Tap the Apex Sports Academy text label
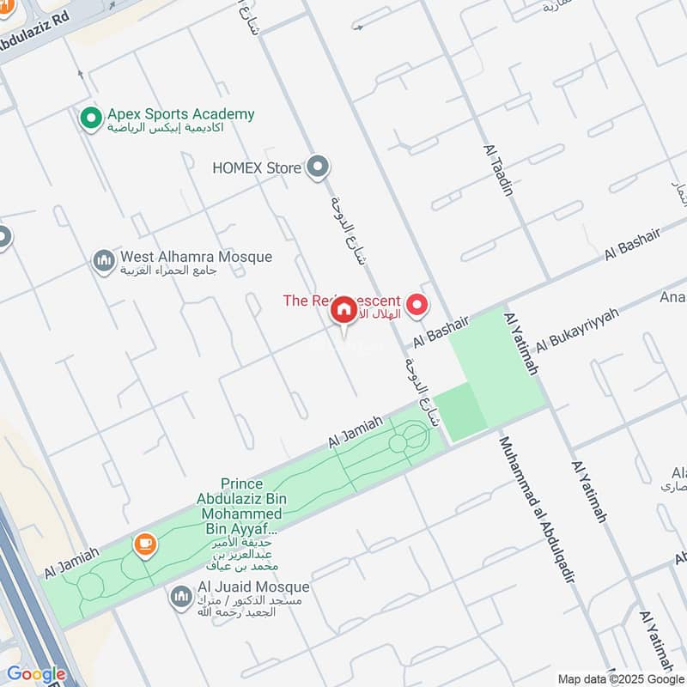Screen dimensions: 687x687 pyautogui.click(x=180, y=114)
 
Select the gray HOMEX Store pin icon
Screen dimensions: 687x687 pyautogui.click(x=319, y=167)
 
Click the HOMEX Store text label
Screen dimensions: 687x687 pyautogui.click(x=257, y=167)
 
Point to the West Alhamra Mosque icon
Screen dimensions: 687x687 pyautogui.click(x=104, y=260)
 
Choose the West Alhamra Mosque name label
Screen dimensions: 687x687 pyautogui.click(x=196, y=257)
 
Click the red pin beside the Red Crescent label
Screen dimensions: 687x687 pyautogui.click(x=417, y=304)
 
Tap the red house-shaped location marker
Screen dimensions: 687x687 pyautogui.click(x=343, y=311)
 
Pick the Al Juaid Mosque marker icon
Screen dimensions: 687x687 pyautogui.click(x=180, y=596)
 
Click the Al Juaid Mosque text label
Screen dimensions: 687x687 pyautogui.click(x=253, y=587)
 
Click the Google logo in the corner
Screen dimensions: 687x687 pyautogui.click(x=35, y=674)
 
